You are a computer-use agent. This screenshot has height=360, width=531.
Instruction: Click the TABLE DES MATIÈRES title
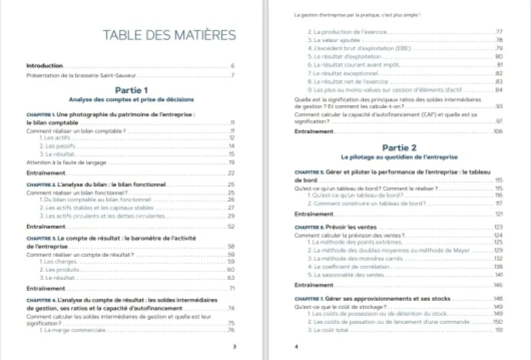pyautogui.click(x=169, y=35)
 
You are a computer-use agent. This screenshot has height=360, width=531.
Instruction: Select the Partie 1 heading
pyautogui.click(x=131, y=90)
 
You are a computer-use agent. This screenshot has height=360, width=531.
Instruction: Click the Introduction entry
pyautogui.click(x=44, y=66)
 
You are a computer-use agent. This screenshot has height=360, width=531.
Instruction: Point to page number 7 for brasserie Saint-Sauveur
pyautogui.click(x=232, y=75)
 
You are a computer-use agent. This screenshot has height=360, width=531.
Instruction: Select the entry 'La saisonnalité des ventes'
pyautogui.click(x=342, y=275)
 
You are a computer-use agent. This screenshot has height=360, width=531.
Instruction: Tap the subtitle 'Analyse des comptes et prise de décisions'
pyautogui.click(x=131, y=99)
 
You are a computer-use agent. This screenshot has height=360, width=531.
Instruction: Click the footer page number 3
pyautogui.click(x=234, y=346)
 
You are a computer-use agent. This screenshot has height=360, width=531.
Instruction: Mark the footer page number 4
pyautogui.click(x=297, y=346)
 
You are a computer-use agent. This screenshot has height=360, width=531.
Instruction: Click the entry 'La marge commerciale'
pyautogui.click(x=71, y=330)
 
